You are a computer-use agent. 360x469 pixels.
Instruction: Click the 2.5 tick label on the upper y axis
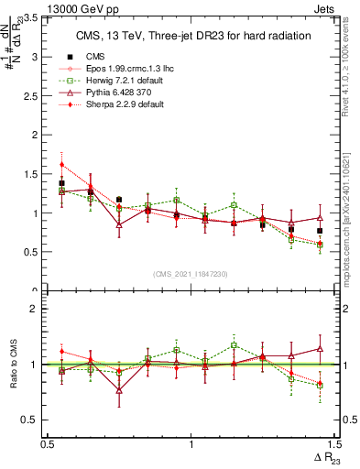coord(35,96)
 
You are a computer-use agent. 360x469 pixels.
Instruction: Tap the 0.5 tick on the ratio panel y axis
coord(35,420)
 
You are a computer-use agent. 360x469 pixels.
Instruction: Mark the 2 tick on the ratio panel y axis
coord(38,309)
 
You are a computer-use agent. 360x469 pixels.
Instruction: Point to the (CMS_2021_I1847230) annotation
coord(190,274)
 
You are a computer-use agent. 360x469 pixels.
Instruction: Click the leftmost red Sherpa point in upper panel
coord(61,165)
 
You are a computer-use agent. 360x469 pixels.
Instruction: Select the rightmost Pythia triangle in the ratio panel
coord(320,348)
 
